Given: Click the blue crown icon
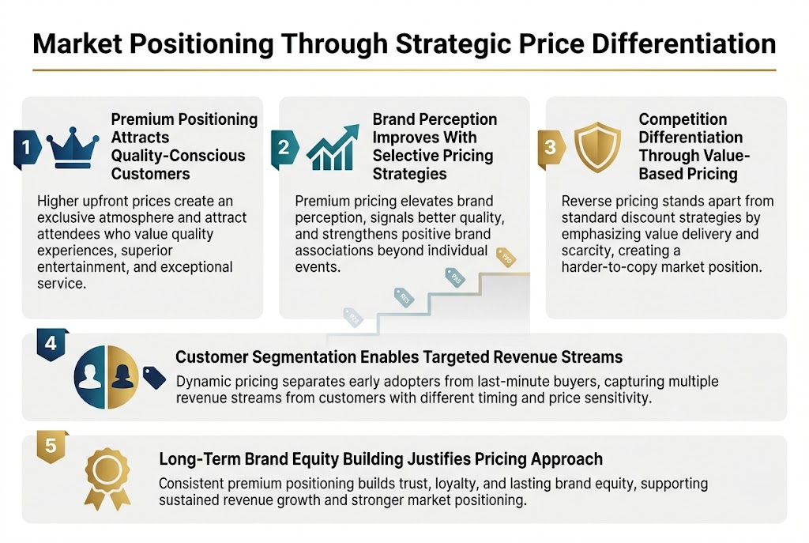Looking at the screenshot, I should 73,147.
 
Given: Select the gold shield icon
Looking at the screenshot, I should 597,147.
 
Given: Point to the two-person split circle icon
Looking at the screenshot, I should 107,373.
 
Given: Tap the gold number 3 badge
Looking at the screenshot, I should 551,148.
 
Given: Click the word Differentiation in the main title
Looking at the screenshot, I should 679,44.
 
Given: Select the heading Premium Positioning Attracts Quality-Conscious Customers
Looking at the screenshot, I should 183,146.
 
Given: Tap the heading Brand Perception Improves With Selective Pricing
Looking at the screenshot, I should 435,146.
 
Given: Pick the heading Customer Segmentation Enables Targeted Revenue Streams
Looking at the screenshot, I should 399,357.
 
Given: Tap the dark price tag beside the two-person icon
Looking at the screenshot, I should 154,378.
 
